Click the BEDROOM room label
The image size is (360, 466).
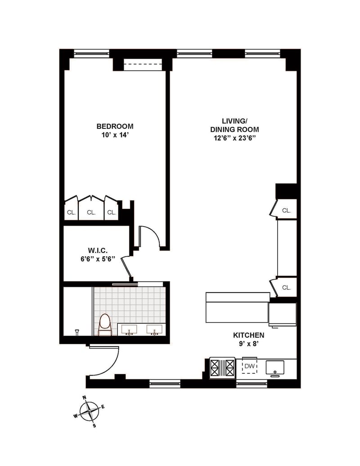[115, 127]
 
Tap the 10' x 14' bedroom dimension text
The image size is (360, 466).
[115, 135]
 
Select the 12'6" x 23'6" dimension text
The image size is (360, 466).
[234, 138]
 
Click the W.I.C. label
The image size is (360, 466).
[98, 250]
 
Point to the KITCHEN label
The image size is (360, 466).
[248, 335]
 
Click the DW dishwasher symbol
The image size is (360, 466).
[249, 366]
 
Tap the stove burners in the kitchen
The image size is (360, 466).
[222, 368]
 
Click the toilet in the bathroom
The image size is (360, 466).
[105, 325]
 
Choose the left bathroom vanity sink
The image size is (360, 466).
[129, 330]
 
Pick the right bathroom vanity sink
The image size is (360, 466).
[154, 330]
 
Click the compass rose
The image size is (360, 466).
[89, 412]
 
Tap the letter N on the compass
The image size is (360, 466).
[84, 398]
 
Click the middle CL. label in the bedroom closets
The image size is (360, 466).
[91, 213]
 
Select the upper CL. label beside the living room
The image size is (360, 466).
[286, 210]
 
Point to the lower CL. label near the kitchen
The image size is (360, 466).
[286, 287]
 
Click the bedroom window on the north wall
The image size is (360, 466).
[92, 54]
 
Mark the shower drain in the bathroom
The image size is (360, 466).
[77, 331]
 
